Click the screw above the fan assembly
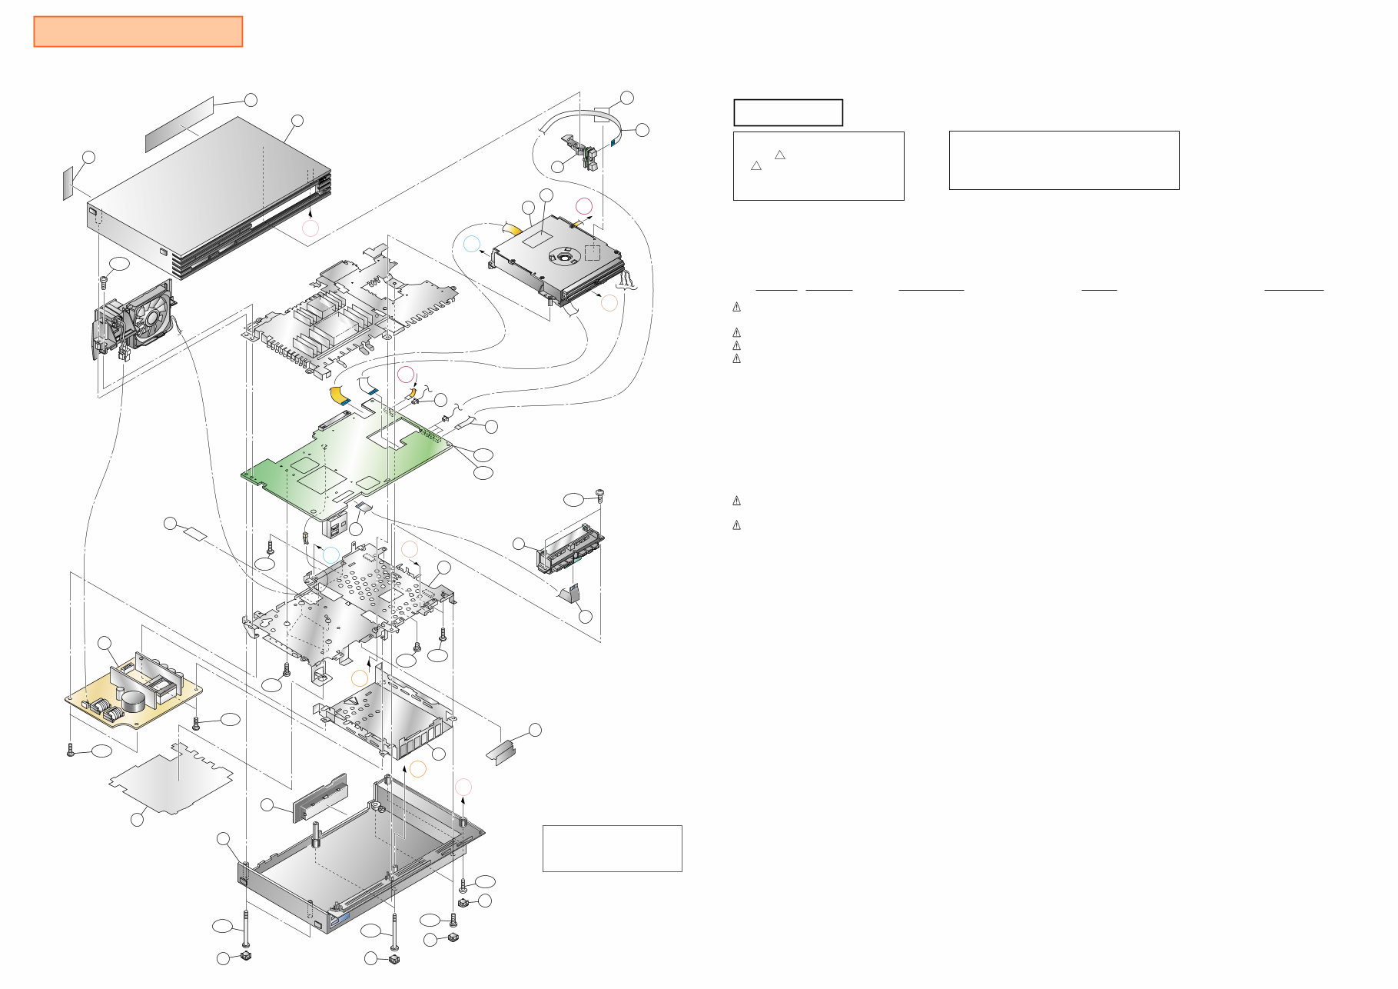[104, 281]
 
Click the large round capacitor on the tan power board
[136, 701]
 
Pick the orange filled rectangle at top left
[138, 32]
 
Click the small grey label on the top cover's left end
[68, 182]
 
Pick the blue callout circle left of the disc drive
[472, 245]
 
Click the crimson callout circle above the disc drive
[584, 205]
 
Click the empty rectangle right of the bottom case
[612, 848]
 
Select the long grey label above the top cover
[179, 124]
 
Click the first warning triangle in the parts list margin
[736, 307]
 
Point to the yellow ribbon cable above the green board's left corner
[338, 395]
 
